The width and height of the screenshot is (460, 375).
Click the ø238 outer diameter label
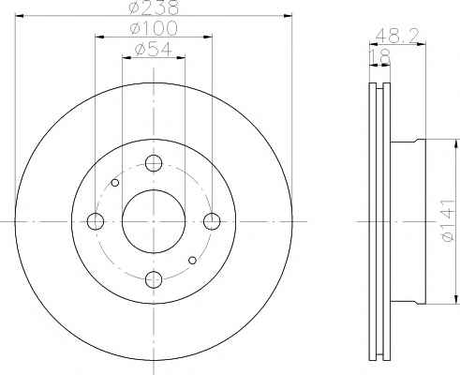coord(154,7)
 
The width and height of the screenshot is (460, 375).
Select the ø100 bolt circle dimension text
coord(154,28)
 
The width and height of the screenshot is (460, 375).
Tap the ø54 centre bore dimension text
coord(154,50)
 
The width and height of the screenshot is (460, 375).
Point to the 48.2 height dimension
coord(396,36)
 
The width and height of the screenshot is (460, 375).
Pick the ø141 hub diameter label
coord(448,220)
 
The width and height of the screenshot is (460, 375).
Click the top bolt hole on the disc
coord(154,163)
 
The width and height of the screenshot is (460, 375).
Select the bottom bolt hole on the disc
coord(154,279)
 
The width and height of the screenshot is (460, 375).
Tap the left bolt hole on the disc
coord(96,221)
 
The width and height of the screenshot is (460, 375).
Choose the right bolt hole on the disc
coord(212,221)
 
